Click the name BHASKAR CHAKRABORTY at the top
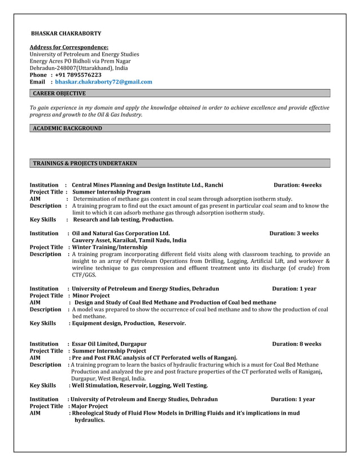65,34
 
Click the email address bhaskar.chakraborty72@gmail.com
103,82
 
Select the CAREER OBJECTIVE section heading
59,93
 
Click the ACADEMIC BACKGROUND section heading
67,129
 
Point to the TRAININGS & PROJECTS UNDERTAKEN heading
85,164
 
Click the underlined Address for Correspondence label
69,47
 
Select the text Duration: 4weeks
297,185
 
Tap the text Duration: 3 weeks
293,233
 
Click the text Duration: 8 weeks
296,344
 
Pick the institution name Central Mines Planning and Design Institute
147,185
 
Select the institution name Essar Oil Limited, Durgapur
109,344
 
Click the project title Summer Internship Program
111,192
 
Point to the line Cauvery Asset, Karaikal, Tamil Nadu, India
129,240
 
